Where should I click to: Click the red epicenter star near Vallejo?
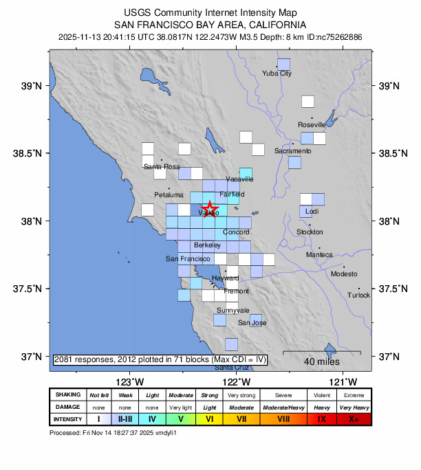(209, 208)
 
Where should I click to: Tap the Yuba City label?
(278, 74)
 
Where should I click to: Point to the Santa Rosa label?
(161, 166)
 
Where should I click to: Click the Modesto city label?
(344, 273)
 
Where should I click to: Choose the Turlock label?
(358, 295)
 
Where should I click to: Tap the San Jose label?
(252, 322)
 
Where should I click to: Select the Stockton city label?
(309, 232)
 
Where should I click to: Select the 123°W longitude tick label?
(129, 381)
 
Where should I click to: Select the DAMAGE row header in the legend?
(67, 407)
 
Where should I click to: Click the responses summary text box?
(160, 359)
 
